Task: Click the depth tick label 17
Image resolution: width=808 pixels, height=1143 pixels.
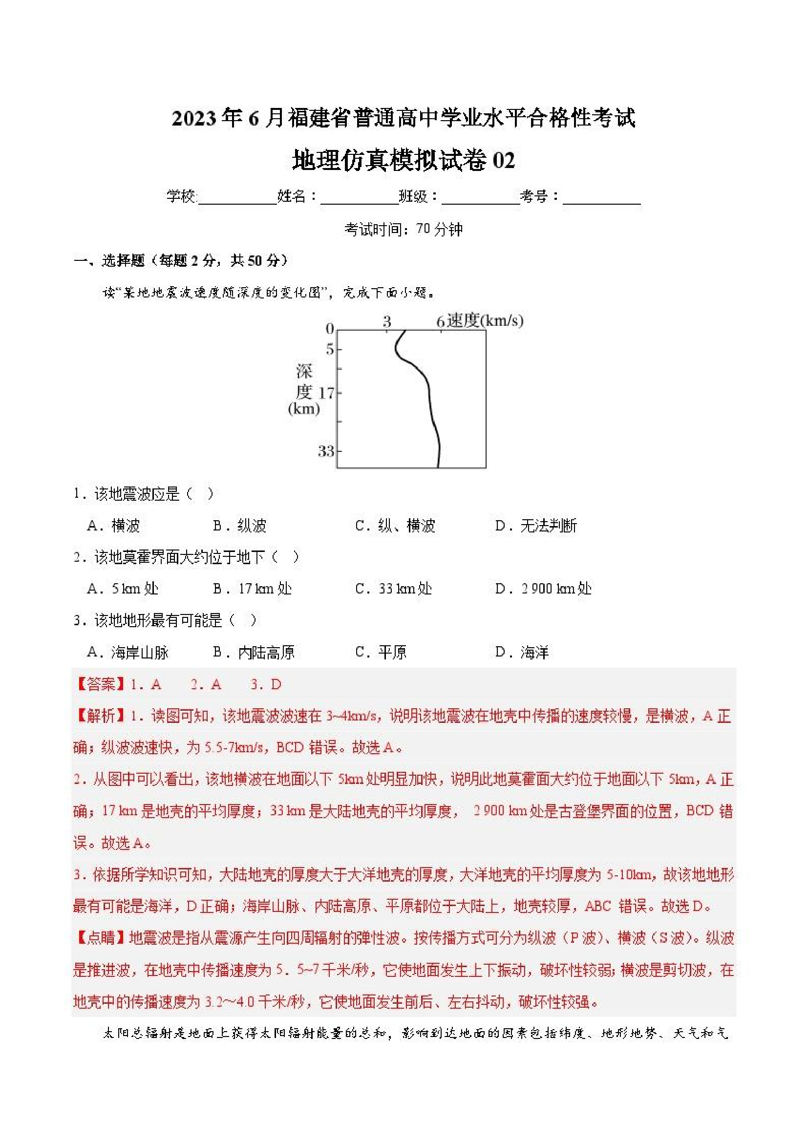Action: tap(327, 393)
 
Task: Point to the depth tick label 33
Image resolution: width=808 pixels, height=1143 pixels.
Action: tap(326, 451)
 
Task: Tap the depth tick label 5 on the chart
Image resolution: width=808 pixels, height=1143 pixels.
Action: tap(330, 349)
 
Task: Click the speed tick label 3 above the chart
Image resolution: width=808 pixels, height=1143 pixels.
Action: tap(387, 321)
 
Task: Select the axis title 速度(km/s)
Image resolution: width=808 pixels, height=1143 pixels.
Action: tap(485, 320)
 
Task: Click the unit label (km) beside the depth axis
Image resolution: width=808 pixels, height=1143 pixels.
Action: tap(304, 409)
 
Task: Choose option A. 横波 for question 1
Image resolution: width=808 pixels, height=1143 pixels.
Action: tap(113, 526)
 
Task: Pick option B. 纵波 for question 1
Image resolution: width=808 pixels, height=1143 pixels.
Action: tap(240, 526)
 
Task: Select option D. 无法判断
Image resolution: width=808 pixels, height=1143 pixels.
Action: tap(536, 526)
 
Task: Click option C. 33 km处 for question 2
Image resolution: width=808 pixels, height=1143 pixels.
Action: tap(393, 589)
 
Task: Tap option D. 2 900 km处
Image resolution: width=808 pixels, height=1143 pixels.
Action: tap(543, 589)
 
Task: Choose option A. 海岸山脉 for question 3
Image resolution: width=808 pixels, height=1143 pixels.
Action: tap(128, 652)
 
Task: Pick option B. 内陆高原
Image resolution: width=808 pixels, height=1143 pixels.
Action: tap(254, 652)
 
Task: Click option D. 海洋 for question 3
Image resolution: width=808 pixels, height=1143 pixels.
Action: tap(522, 652)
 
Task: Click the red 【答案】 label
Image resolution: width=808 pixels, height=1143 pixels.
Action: tap(100, 684)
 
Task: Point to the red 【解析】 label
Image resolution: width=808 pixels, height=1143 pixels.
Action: tap(100, 717)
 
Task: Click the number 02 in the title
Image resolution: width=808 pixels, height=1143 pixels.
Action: tap(503, 161)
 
